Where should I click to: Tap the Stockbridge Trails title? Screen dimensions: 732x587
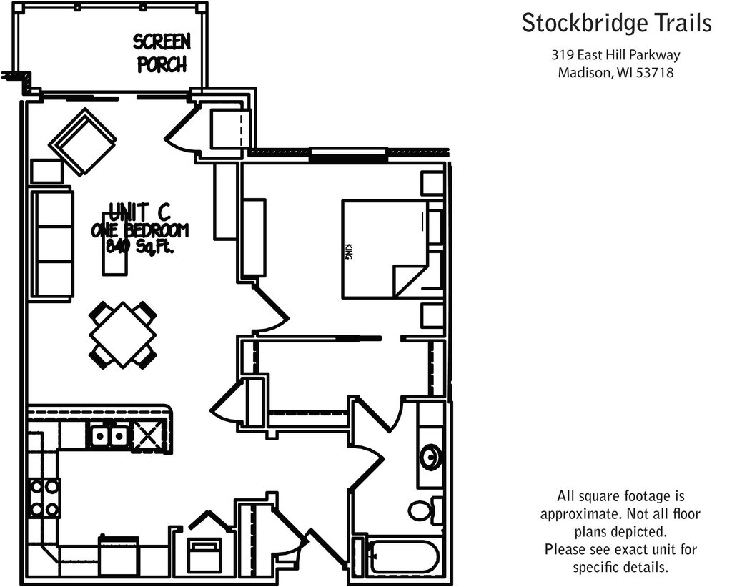pyautogui.click(x=616, y=23)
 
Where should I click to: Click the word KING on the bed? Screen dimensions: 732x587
pyautogui.click(x=348, y=252)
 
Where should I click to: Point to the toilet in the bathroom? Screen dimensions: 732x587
pyautogui.click(x=425, y=510)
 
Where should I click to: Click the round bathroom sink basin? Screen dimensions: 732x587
pyautogui.click(x=430, y=457)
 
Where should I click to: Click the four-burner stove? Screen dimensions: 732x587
pyautogui.click(x=44, y=498)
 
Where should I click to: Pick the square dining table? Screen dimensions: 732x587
pyautogui.click(x=122, y=335)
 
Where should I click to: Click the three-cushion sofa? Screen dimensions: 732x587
pyautogui.click(x=52, y=243)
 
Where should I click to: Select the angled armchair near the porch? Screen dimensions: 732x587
pyautogui.click(x=83, y=142)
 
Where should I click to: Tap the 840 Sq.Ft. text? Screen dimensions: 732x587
pyautogui.click(x=140, y=246)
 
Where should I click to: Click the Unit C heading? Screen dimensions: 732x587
pyautogui.click(x=139, y=212)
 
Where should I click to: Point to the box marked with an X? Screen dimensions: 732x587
pyautogui.click(x=147, y=436)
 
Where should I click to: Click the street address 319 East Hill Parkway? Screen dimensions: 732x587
pyautogui.click(x=615, y=55)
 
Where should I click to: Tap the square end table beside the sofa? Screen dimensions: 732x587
pyautogui.click(x=46, y=171)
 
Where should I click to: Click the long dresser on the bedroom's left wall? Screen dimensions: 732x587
pyautogui.click(x=254, y=237)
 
